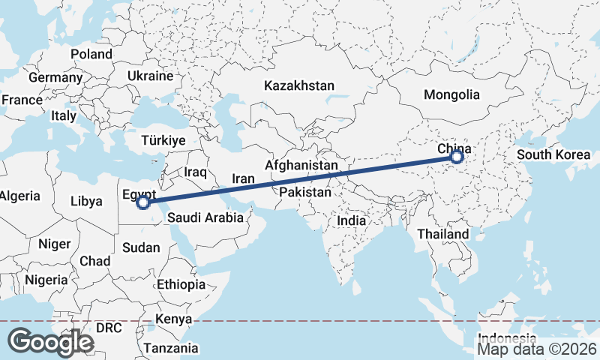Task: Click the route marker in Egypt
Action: (143, 202)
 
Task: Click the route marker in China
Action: (456, 157)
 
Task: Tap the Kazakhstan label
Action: (298, 86)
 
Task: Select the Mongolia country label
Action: (451, 95)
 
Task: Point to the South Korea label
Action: (553, 155)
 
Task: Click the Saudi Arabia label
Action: (205, 218)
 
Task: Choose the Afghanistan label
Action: (301, 164)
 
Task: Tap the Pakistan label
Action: (304, 193)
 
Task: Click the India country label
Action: (351, 221)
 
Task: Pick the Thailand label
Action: (442, 234)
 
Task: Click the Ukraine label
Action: (150, 76)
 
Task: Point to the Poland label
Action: (91, 54)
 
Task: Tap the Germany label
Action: (55, 77)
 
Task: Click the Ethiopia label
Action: (181, 284)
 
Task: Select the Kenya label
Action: (175, 319)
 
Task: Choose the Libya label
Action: (85, 201)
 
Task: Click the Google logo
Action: (50, 342)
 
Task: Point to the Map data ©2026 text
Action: (537, 349)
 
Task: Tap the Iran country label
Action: (243, 179)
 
